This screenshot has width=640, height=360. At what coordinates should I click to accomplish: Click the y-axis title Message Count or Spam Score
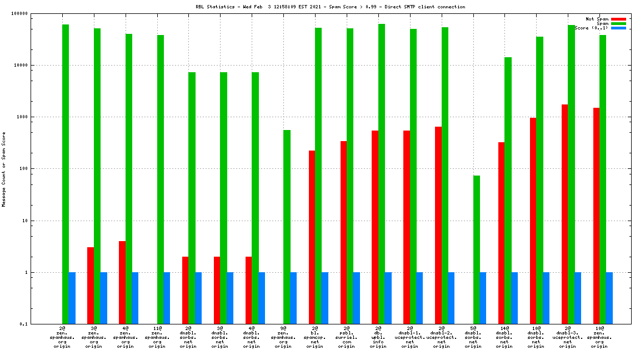4,169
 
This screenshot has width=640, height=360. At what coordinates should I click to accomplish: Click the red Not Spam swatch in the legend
618,19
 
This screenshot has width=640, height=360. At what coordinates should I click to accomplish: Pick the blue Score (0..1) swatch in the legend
618,28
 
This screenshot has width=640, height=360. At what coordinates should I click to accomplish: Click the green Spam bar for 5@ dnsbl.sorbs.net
477,249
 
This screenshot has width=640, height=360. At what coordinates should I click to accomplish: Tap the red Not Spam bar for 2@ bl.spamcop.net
312,237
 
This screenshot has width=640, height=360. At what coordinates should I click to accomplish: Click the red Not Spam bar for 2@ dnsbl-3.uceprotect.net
564,214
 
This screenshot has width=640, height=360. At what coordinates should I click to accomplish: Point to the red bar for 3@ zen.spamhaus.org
91,286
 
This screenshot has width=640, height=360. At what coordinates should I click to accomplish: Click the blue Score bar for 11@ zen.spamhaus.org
167,298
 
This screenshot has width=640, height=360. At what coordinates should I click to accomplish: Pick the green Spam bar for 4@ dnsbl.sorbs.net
255,198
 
